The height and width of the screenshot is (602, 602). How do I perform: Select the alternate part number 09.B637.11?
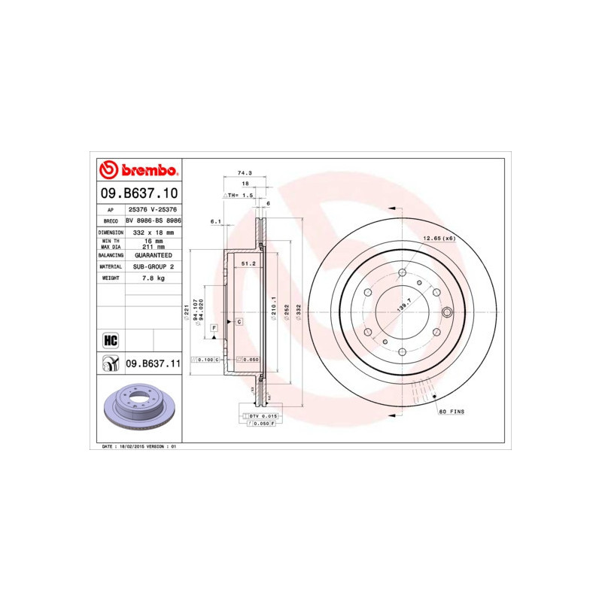coord(153,363)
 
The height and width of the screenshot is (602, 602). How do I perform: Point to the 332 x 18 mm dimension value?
coord(153,233)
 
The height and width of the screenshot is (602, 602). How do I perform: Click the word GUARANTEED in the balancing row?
coord(153,255)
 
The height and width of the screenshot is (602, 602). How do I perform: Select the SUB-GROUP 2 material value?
coord(153,266)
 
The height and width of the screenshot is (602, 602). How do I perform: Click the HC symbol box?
coord(110,339)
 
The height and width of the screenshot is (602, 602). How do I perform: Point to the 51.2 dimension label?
coord(249,263)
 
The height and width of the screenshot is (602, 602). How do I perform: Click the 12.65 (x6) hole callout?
coord(439,239)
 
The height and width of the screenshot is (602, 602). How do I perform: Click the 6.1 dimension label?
coord(214,221)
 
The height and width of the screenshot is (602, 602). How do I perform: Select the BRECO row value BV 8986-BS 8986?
coord(153,221)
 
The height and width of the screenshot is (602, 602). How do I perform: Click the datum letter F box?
coord(214,329)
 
